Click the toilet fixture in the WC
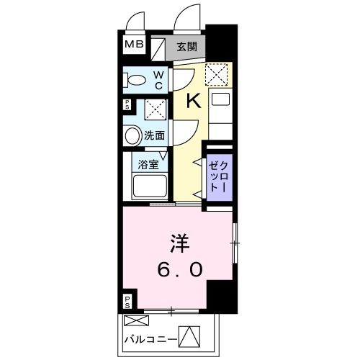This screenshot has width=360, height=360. point(135,81)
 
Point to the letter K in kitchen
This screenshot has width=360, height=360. point(193,101)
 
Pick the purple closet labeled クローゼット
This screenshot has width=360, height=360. point(219,174)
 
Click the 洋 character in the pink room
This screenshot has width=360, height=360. point(179,243)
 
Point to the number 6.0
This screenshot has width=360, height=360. point(180,270)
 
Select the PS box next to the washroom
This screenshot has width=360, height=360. point(127,104)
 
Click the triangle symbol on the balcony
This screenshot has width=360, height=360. point(187,336)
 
